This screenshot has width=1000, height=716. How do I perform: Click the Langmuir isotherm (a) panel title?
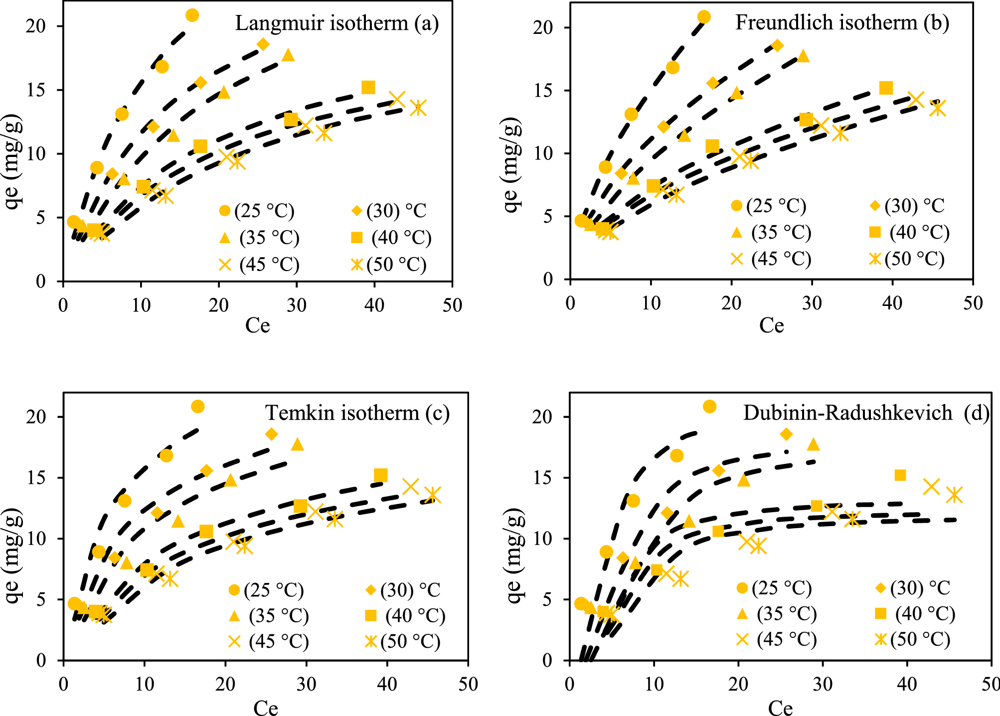point(336,23)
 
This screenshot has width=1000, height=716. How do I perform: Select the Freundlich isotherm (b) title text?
point(841,22)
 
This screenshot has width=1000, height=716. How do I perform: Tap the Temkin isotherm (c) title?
point(357,413)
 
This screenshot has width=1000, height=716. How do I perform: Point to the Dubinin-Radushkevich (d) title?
point(865,413)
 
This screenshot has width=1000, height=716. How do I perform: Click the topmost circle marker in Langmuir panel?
point(192,15)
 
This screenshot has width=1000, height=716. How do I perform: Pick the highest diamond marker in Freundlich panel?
point(777,45)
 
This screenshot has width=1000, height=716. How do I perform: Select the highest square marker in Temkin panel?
point(380,475)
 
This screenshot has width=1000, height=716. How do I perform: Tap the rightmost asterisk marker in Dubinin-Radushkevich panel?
point(954,495)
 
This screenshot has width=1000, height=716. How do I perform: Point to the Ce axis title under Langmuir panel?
point(257,326)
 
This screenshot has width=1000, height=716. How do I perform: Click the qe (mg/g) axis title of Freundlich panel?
point(511,164)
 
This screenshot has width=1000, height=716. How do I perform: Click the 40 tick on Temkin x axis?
point(387,684)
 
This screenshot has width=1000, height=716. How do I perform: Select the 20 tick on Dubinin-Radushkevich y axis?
point(542,417)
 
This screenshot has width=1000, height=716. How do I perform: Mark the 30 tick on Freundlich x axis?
point(812,303)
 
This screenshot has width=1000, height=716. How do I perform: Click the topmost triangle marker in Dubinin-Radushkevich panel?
point(813,444)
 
